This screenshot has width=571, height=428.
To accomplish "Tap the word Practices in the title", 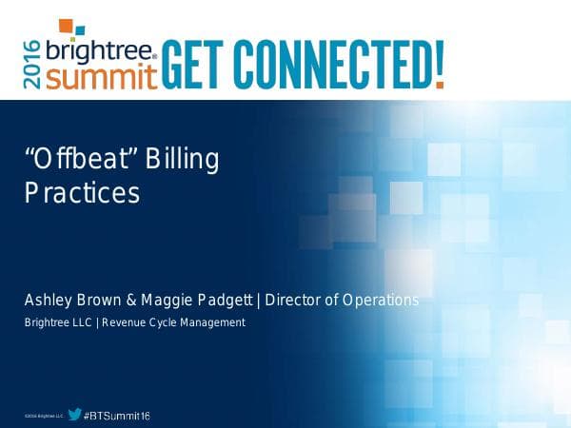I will pos(82,193).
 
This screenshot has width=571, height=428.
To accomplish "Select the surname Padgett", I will pos(227,301).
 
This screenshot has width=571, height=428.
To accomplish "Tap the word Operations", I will pos(381,301).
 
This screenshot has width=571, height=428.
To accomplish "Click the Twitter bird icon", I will pos(74,415).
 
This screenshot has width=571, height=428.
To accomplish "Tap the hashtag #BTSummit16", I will pos(117,416).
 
